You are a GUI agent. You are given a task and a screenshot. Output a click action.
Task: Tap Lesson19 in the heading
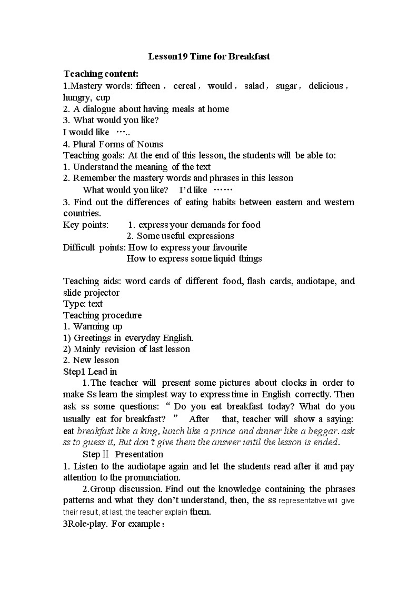pos(167,56)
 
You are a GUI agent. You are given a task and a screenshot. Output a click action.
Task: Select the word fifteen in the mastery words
pos(148,86)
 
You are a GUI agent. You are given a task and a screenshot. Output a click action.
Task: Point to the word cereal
pos(185,86)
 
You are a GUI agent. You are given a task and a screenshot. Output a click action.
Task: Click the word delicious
pos(326,86)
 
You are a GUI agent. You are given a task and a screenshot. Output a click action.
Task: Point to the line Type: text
pos(83,304)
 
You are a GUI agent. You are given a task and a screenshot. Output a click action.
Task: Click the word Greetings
pos(92,337)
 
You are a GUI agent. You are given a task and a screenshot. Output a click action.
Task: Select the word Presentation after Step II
pos(139,454)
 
